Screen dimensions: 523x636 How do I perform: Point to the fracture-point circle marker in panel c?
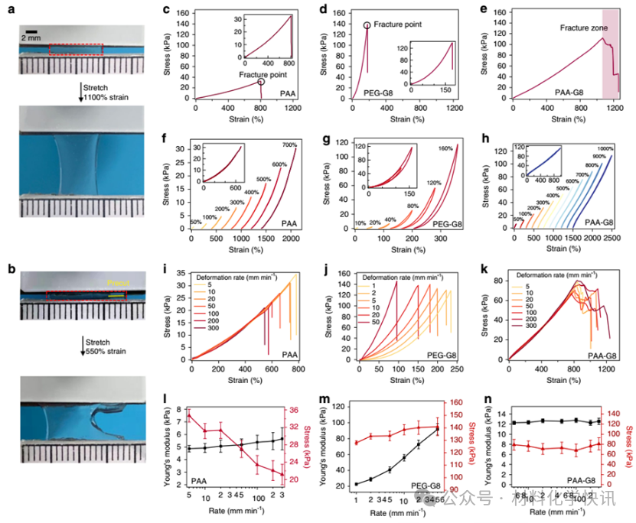261,81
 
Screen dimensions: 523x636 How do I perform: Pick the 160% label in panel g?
445,148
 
